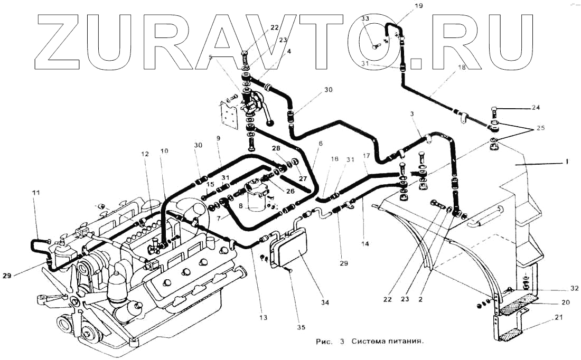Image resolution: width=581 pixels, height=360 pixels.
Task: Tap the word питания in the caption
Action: tap(406, 342)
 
